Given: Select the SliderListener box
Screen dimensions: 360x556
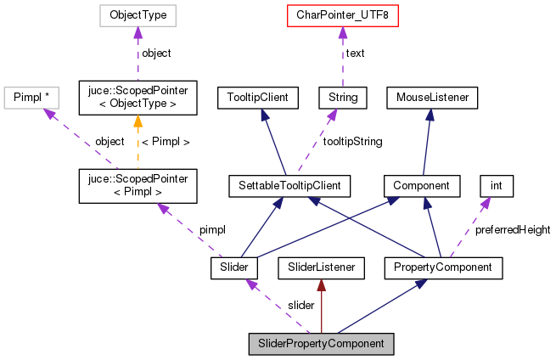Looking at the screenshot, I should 322,268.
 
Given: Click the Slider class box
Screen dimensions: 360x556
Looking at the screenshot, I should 234,268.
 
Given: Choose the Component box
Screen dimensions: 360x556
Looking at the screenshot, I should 422,184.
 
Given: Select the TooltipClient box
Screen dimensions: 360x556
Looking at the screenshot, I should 257,98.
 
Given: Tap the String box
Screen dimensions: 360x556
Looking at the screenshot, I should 343,98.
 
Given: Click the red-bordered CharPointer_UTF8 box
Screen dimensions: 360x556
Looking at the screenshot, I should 342,15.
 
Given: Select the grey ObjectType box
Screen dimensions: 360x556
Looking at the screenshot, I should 138,15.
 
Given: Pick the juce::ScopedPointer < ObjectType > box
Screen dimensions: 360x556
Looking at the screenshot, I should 138,98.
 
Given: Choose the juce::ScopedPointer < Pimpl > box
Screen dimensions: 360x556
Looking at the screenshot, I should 138,184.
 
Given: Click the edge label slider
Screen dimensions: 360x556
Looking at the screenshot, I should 300,305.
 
